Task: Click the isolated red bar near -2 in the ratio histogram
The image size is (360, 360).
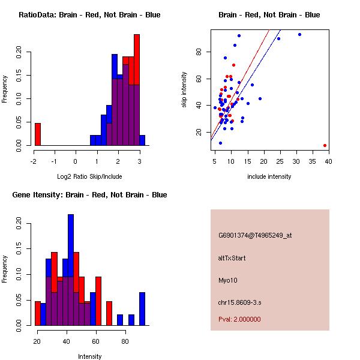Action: pos(38,134)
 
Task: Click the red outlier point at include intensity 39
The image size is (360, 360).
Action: pos(325,145)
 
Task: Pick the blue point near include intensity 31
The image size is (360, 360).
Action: pos(299,34)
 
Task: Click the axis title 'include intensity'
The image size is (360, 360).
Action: pos(269,176)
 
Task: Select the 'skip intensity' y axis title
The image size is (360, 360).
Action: pos(184,89)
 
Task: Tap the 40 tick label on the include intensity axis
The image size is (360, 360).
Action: pos(328,161)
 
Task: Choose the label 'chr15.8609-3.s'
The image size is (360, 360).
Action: pos(237,302)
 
